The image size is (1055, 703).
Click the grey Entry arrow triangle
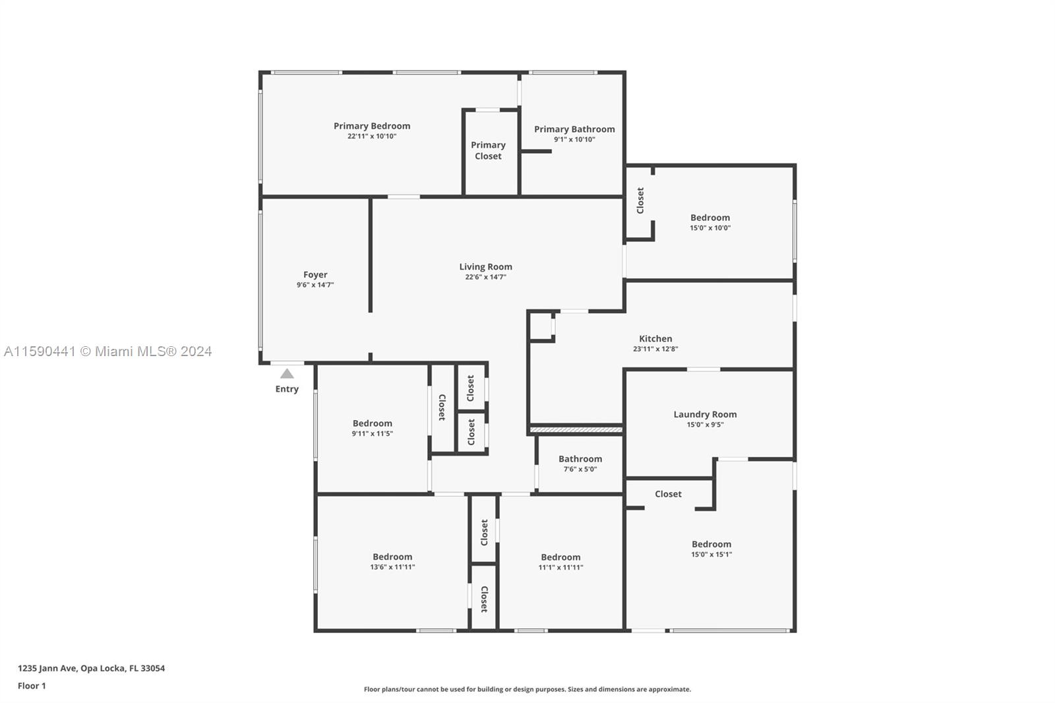(x=287, y=374)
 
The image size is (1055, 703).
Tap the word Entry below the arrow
(x=287, y=389)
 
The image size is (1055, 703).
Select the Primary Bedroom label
(x=372, y=126)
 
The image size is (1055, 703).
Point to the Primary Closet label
(x=488, y=150)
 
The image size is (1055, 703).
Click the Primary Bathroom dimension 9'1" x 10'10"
(x=574, y=139)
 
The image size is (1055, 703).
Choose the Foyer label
(x=315, y=275)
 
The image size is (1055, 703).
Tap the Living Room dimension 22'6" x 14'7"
(x=485, y=277)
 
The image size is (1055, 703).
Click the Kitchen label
(x=655, y=339)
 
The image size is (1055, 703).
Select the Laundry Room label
(x=705, y=414)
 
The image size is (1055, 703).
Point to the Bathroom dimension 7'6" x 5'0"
(x=580, y=470)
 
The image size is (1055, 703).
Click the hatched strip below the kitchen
(x=576, y=430)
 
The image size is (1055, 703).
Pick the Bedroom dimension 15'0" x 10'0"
(x=710, y=228)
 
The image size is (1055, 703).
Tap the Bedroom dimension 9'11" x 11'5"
(x=372, y=434)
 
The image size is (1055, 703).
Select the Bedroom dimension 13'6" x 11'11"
(x=392, y=567)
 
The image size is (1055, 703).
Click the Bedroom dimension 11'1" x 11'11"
(x=560, y=568)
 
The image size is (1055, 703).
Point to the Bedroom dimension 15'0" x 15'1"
(x=711, y=555)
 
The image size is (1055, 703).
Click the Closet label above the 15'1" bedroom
(x=668, y=494)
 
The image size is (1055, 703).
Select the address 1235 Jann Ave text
(x=92, y=668)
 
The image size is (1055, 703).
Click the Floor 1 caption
(x=32, y=686)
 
